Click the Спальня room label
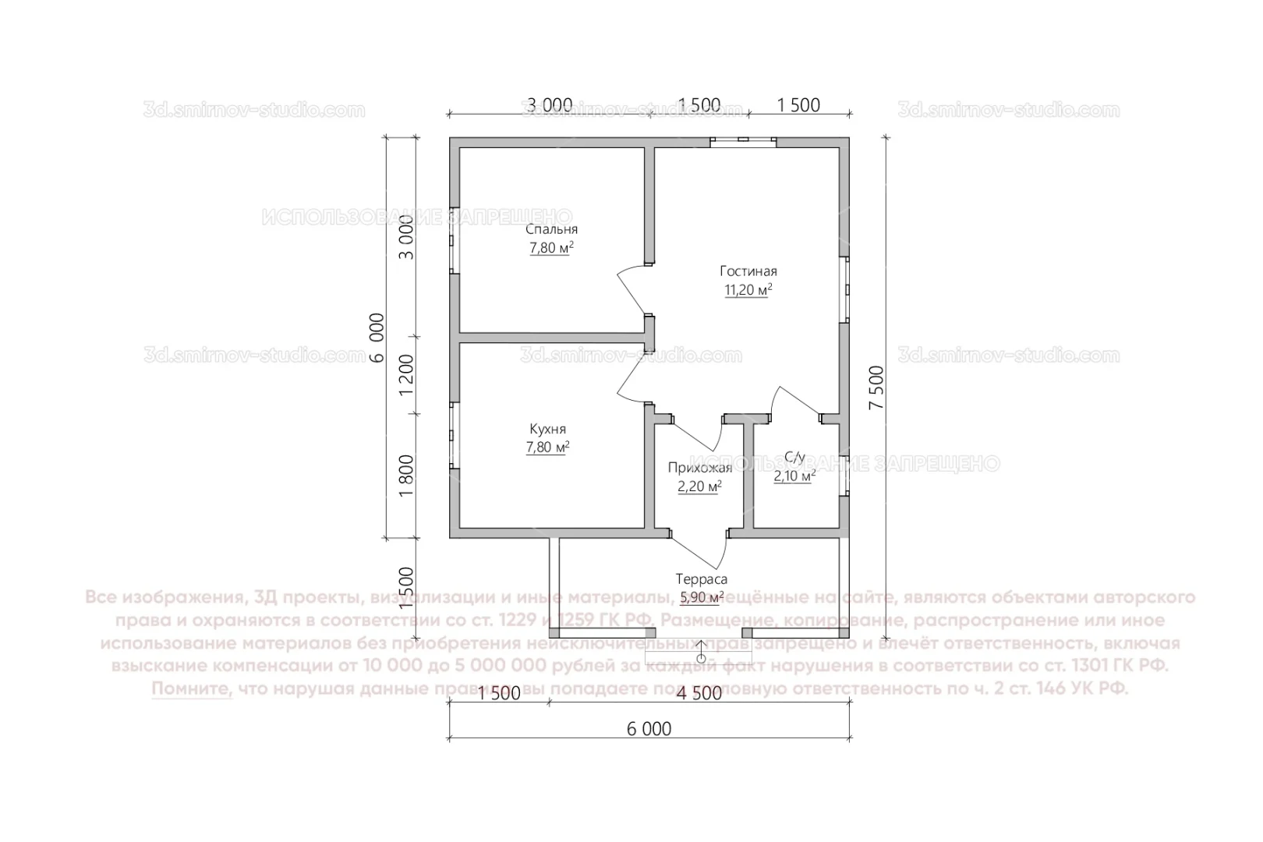pos(551,229)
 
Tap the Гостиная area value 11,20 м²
pos(748,290)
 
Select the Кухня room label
pos(547,429)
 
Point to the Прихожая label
pos(699,468)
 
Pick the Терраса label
pos(701,579)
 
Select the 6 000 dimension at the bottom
pos(649,729)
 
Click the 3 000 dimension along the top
pos(550,105)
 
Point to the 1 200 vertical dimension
pos(406,376)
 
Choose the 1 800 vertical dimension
pos(406,476)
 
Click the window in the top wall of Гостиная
pos(743,141)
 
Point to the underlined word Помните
pos(192,689)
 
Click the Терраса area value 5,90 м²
pos(702,598)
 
